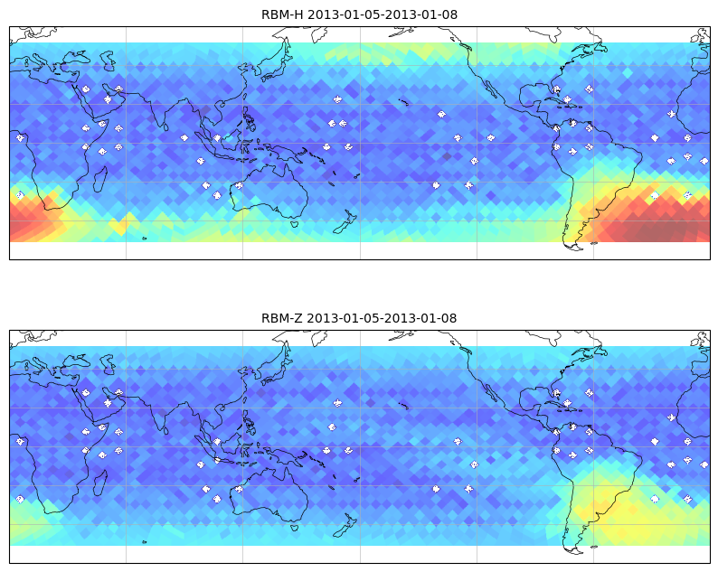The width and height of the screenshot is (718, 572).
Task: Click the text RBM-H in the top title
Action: [x=282, y=14]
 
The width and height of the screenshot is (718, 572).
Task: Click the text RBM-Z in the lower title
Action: [x=281, y=318]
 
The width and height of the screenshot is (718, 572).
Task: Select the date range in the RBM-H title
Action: [x=383, y=14]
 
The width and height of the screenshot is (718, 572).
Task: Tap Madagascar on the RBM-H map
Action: [x=100, y=179]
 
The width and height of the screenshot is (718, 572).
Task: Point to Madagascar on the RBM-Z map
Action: [x=100, y=483]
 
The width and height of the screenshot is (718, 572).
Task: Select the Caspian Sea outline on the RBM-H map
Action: [x=109, y=61]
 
